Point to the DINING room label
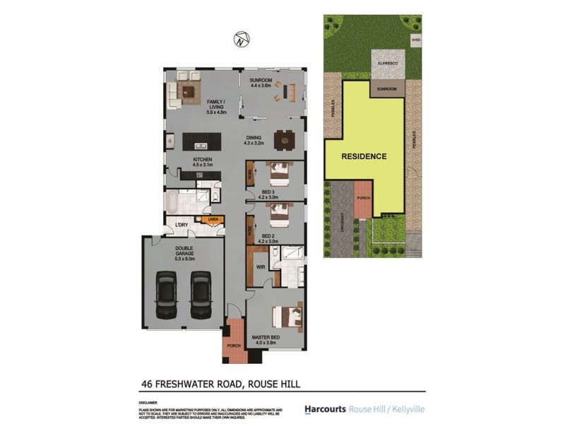click(254, 139)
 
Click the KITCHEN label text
click(203, 160)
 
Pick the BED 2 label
click(268, 236)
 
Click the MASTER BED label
click(266, 337)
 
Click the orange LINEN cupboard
click(213, 220)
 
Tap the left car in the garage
click(167, 296)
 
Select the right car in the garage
click(201, 296)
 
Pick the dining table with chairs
click(284, 140)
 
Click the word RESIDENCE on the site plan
click(364, 156)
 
